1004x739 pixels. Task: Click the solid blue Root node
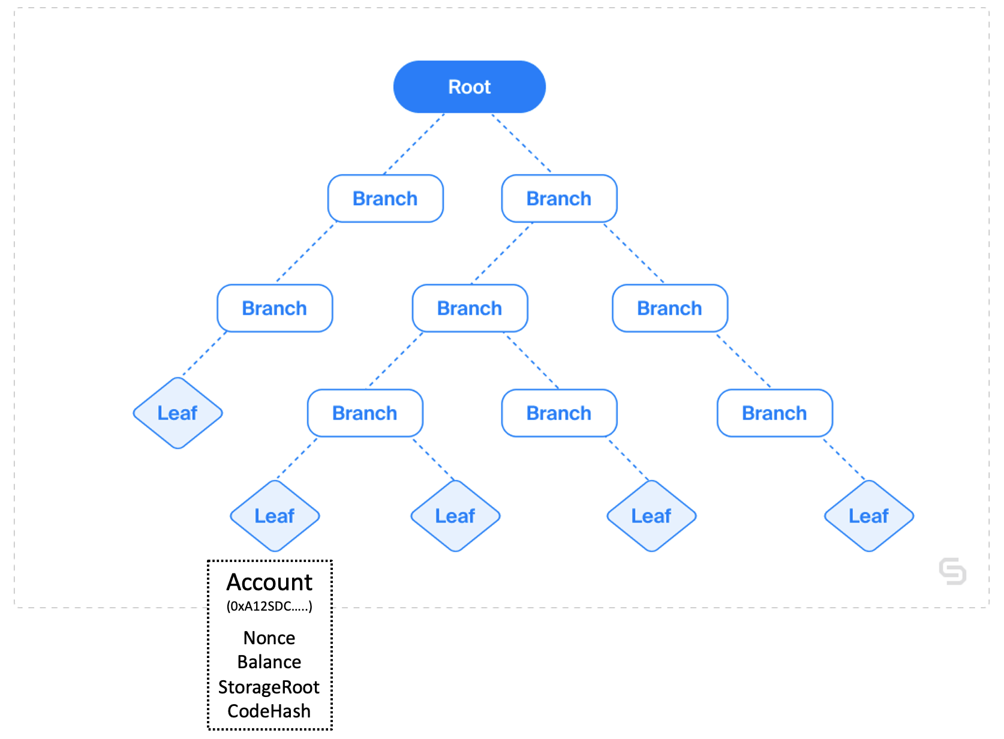(x=469, y=86)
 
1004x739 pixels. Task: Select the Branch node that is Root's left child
(x=386, y=198)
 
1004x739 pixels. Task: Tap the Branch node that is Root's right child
(x=559, y=198)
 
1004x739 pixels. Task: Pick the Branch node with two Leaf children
(x=365, y=413)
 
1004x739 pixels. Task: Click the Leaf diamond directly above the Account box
(x=275, y=516)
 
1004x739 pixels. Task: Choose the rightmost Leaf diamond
(x=868, y=516)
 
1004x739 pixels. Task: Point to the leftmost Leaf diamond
(x=178, y=413)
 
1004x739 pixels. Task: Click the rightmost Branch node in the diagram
(x=774, y=413)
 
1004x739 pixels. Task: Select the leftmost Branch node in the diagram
(x=275, y=308)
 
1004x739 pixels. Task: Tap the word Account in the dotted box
(x=269, y=582)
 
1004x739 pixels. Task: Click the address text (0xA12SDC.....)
(x=269, y=606)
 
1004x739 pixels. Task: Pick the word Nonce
(x=269, y=638)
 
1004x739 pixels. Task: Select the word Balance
(x=269, y=662)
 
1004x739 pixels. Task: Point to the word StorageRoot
(x=269, y=687)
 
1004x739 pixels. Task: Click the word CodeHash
(x=269, y=711)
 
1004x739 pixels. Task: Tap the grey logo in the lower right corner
(x=952, y=572)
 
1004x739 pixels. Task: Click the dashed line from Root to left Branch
(x=414, y=144)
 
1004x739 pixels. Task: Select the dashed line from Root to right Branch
(x=521, y=143)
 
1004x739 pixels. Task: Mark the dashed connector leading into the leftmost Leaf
(x=205, y=354)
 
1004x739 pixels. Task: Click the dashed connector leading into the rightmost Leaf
(x=844, y=459)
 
